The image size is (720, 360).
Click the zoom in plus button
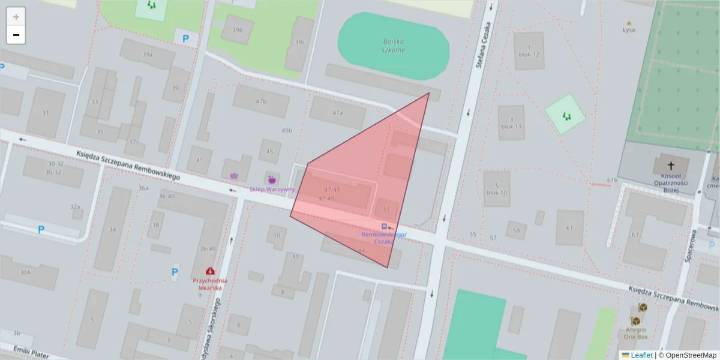point(16,16)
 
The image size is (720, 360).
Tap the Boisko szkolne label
point(394,46)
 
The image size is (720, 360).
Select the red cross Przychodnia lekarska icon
point(210,272)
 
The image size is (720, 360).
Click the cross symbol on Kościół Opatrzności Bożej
point(670,164)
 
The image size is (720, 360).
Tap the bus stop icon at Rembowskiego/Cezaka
point(383,227)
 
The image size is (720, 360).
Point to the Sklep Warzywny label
point(272,189)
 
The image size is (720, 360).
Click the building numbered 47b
point(260,101)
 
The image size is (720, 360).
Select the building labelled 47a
point(337,113)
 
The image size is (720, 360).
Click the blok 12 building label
point(529,54)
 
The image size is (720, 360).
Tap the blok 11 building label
point(511,127)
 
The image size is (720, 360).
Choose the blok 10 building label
point(497,193)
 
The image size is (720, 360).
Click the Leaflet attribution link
point(641,355)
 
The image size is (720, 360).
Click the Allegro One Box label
point(635,333)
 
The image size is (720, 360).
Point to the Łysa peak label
point(628,29)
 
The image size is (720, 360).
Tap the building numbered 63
point(635,235)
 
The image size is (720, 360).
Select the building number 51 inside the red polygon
point(386,209)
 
